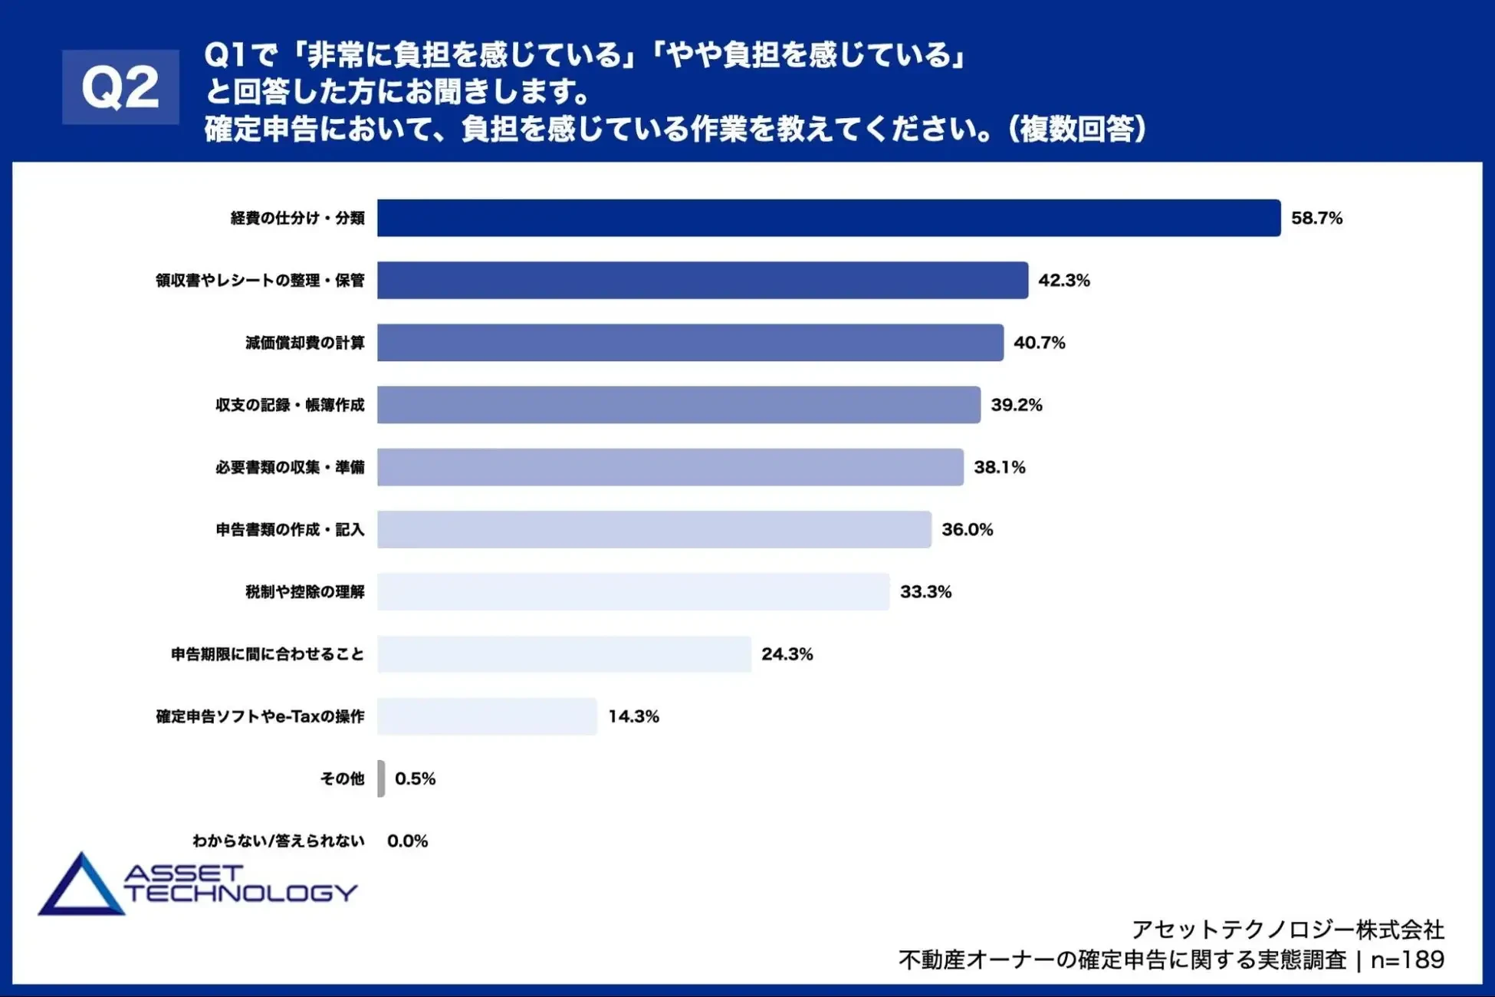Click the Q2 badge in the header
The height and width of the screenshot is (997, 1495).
(x=120, y=87)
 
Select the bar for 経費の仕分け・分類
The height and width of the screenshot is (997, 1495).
(x=828, y=218)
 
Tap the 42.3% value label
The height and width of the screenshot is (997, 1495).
(x=1063, y=281)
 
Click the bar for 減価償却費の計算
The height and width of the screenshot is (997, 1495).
(x=690, y=343)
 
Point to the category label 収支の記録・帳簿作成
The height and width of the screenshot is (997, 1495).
(x=290, y=405)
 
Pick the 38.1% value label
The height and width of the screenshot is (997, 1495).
(x=999, y=467)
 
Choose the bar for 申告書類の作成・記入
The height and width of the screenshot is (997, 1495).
(x=654, y=529)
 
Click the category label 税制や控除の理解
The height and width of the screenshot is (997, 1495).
(x=304, y=592)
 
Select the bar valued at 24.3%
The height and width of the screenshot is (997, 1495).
(x=564, y=654)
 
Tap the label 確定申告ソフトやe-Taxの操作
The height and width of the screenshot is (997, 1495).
(x=260, y=716)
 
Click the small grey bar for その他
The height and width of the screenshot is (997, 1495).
(x=381, y=778)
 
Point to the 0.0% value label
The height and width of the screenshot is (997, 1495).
(x=407, y=841)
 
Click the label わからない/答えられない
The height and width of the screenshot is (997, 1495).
(x=278, y=841)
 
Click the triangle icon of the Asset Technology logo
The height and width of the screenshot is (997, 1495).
(x=80, y=888)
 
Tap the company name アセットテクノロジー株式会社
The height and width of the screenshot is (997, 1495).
(x=1287, y=930)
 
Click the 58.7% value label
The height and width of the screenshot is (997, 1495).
(x=1316, y=219)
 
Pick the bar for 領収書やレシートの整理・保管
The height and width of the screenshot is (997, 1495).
(x=702, y=281)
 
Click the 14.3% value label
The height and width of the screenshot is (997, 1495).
(x=633, y=716)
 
